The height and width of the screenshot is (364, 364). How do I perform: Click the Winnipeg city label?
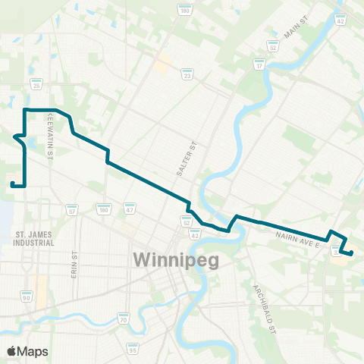coord(176,260)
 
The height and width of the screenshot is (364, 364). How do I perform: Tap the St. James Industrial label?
coord(35,240)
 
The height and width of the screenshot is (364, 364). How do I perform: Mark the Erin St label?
coord(75,265)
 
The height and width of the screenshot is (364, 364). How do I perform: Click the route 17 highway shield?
coord(259,66)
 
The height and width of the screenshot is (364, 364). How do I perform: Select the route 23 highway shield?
coord(187,74)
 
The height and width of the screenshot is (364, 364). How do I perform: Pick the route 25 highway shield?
coord(36,86)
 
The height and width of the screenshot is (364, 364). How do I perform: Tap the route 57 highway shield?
coord(71,209)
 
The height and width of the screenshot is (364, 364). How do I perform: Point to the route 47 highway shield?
coord(130,208)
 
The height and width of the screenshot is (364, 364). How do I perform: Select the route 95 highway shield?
coord(133,350)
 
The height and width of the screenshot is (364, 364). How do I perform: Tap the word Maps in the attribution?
coord(34,351)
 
